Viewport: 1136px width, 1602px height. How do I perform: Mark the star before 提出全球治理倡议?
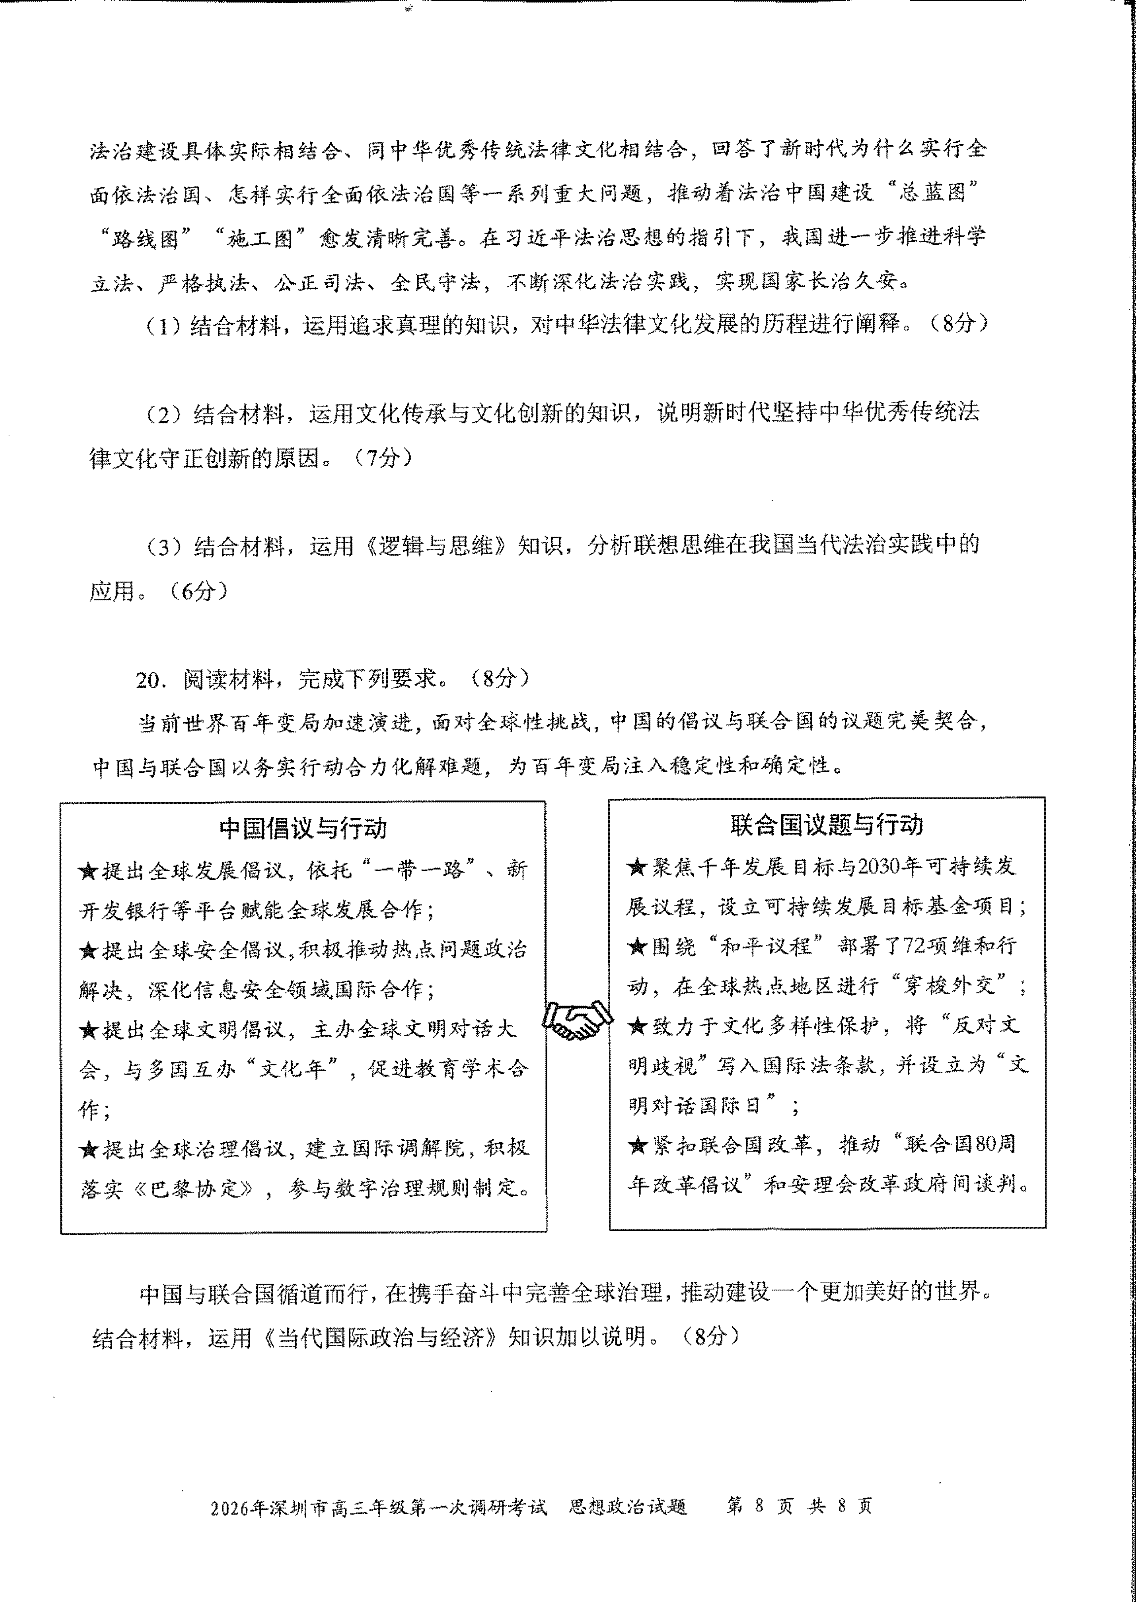click(x=88, y=1149)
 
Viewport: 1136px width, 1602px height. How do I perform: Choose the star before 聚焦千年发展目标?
click(x=637, y=867)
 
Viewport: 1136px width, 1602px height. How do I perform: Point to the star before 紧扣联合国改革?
click(x=637, y=1145)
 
